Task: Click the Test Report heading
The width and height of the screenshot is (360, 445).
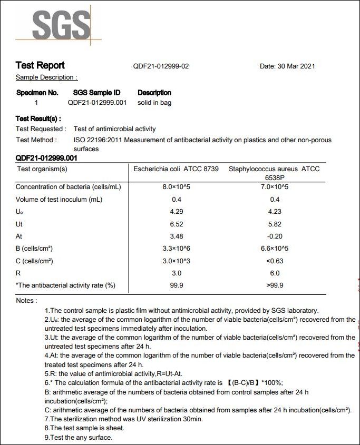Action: point(40,65)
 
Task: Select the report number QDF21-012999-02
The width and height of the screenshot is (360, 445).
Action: point(161,66)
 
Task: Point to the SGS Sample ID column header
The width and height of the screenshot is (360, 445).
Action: point(97,93)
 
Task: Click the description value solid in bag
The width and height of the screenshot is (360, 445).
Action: point(154,103)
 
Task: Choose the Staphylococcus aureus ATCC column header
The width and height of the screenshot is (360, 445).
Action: point(274,169)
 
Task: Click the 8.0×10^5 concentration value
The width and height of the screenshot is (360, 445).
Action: point(177,187)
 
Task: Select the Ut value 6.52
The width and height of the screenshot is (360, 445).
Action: point(177,224)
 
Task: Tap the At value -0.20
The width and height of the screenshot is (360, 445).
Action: point(275,236)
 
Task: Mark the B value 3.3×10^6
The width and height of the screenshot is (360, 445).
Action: point(177,248)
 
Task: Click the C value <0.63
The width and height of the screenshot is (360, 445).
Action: point(275,261)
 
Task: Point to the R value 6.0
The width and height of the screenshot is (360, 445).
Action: point(275,273)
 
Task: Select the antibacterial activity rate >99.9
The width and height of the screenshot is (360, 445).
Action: point(275,285)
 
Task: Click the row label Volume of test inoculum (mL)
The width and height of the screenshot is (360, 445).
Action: point(59,200)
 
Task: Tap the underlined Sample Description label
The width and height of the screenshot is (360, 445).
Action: point(46,77)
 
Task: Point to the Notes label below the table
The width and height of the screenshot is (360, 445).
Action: point(26,301)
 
